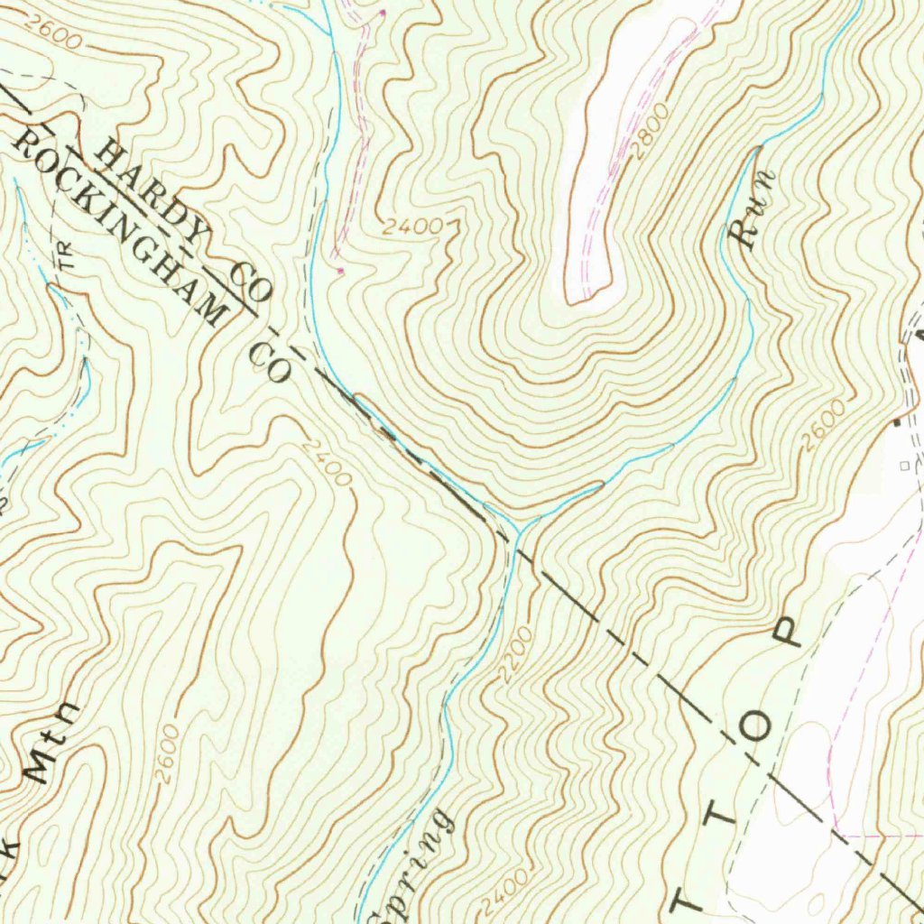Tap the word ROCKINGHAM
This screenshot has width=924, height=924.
pyautogui.click(x=117, y=223)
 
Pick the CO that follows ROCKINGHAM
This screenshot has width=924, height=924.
pyautogui.click(x=269, y=360)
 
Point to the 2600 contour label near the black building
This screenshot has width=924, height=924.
pyautogui.click(x=824, y=423)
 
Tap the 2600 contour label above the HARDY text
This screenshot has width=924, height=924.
pyautogui.click(x=53, y=35)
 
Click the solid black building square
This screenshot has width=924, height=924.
pyautogui.click(x=896, y=422)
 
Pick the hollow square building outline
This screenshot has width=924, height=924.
pyautogui.click(x=905, y=466)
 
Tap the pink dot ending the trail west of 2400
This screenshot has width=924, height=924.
pyautogui.click(x=340, y=270)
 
